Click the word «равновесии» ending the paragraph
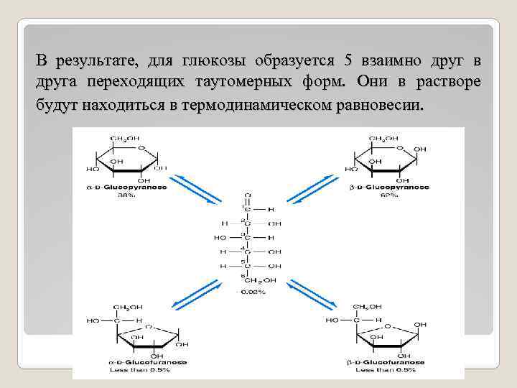click(x=385, y=105)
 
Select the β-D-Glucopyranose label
click(x=392, y=187)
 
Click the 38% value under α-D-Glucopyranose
click(x=127, y=195)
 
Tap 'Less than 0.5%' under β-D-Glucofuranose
click(x=388, y=371)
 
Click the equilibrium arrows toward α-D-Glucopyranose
click(x=197, y=190)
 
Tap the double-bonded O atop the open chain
click(x=248, y=194)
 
